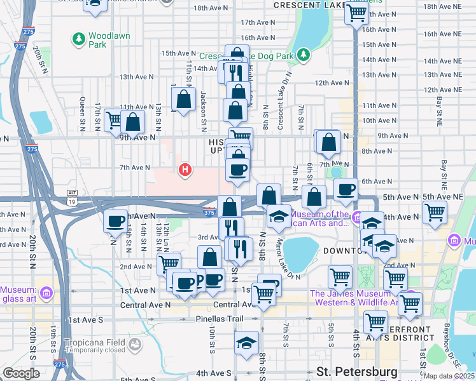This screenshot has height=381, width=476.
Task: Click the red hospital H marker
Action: (x=185, y=170)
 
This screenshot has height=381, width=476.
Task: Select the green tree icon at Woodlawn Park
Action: (x=79, y=39)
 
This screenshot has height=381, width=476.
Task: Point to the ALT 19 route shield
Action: (x=72, y=197)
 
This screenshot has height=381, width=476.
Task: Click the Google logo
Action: (x=21, y=373)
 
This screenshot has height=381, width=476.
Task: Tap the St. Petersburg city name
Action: (x=357, y=371)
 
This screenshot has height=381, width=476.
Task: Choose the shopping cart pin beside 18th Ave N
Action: (x=356, y=11)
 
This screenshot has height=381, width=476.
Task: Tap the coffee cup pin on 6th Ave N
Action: (x=346, y=189)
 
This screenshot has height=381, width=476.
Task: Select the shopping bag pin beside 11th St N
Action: (x=183, y=99)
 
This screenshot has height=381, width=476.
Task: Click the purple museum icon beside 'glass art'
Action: (x=45, y=293)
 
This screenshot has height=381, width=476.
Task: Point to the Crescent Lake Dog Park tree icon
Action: (x=304, y=55)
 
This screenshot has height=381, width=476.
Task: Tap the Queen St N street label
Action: (x=82, y=107)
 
